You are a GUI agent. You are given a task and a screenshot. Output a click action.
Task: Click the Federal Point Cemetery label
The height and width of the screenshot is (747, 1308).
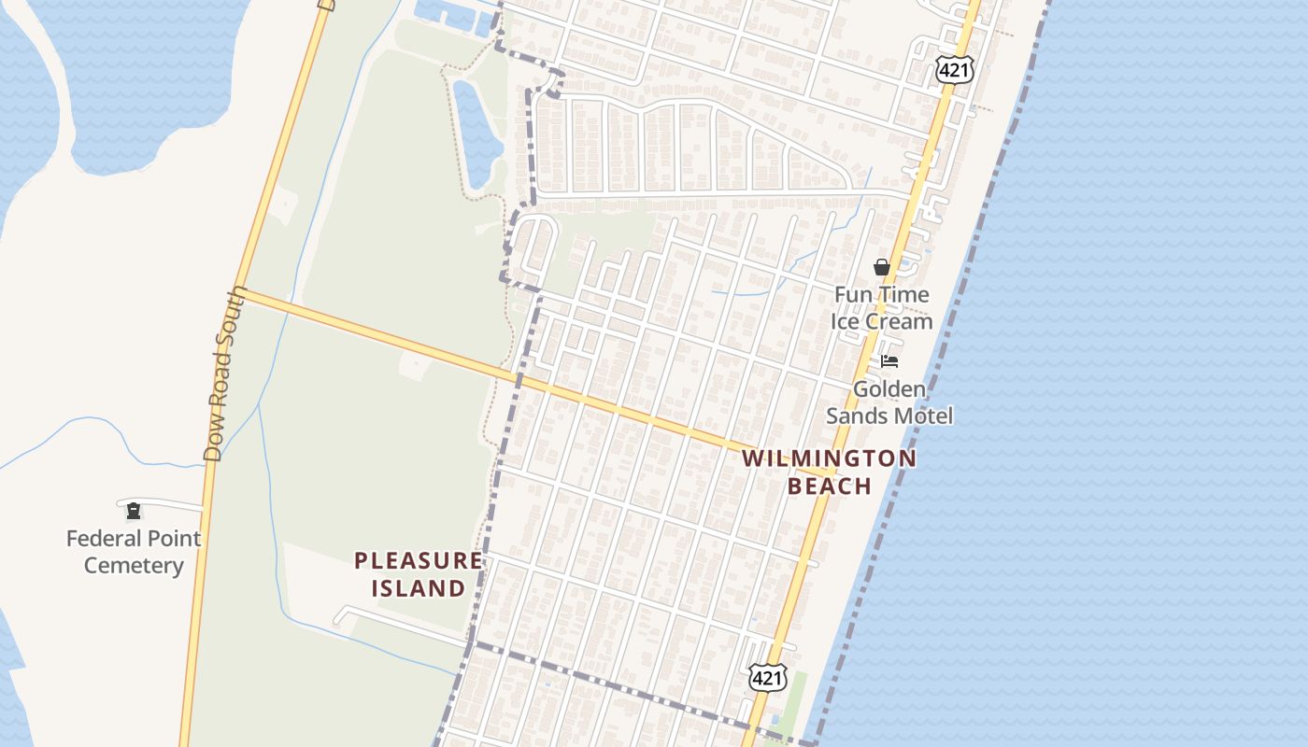point(133,552)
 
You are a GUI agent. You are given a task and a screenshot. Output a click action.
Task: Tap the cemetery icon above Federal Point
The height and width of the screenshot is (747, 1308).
point(134,510)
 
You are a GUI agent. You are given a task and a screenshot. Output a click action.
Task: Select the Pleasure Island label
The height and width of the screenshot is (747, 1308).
point(419,574)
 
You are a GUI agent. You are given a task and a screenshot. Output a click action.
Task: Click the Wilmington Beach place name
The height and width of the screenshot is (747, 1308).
point(830,472)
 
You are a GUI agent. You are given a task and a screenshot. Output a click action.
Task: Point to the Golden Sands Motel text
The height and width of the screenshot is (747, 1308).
point(889,402)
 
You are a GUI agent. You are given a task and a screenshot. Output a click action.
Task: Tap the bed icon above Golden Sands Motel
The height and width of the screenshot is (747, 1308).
point(889,361)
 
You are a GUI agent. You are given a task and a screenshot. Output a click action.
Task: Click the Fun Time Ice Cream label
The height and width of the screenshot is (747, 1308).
point(882,308)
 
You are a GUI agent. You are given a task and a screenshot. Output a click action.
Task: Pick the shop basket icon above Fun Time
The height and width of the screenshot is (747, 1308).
point(881,267)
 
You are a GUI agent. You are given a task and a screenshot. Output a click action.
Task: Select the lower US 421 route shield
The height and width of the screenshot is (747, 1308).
point(767,678)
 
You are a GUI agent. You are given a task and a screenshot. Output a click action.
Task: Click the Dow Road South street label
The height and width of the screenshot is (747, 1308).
point(225,373)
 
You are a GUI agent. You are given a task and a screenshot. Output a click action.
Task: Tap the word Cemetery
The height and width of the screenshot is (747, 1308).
point(133,566)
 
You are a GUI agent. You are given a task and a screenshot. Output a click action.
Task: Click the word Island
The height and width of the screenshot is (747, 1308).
point(419,588)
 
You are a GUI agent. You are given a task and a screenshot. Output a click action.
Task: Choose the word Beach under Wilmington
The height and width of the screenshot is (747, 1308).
point(830,486)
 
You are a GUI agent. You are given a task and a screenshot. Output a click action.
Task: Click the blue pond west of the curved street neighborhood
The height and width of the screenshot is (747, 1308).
point(476,131)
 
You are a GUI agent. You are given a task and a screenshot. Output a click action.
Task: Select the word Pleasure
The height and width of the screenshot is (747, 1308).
point(419,561)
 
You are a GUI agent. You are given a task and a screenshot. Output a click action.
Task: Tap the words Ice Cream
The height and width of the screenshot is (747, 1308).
point(882,321)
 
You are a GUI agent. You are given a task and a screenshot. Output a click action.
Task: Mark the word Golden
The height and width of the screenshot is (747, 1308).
point(889,389)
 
